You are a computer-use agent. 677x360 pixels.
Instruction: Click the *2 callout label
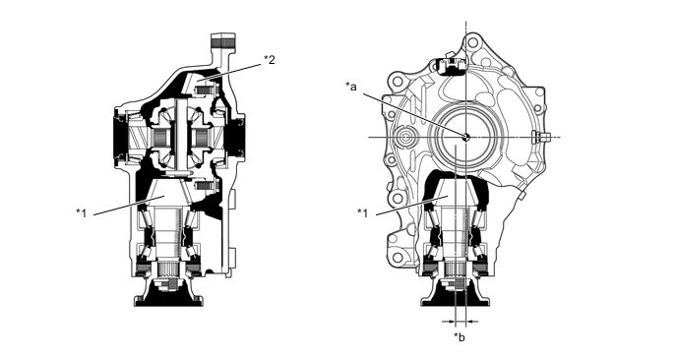pos(269,60)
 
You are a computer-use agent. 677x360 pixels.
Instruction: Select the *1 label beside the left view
pos(81,213)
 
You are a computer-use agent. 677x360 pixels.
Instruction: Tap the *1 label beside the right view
pos(363,212)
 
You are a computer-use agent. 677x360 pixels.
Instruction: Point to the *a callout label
pos(351,87)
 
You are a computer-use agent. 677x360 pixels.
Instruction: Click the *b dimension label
pos(460,337)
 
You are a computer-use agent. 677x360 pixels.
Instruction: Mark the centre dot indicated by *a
pos(465,138)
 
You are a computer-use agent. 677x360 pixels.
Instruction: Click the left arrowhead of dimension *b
pos(452,322)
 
